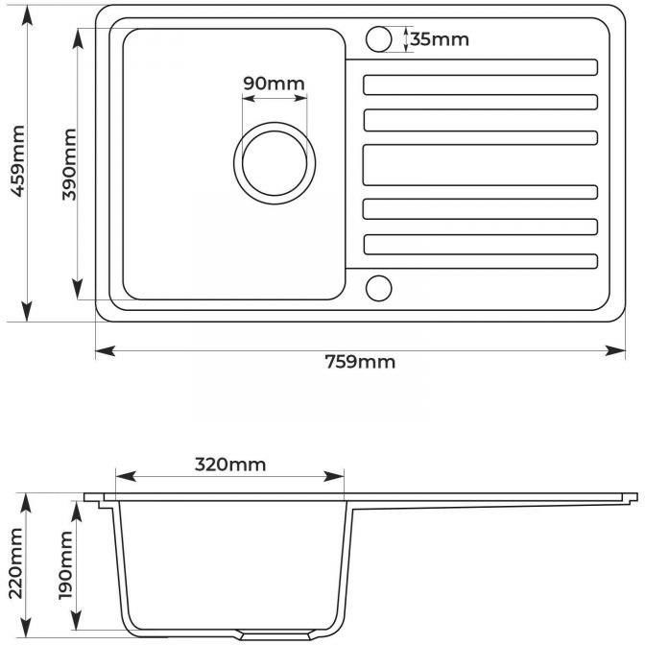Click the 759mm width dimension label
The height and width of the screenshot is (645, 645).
tap(360, 362)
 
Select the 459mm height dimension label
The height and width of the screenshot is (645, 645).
tap(17, 161)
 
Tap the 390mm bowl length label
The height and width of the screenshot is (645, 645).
tap(69, 164)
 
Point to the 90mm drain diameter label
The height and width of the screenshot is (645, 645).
tap(274, 84)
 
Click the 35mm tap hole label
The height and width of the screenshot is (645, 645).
tap(440, 39)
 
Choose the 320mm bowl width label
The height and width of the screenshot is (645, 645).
tap(230, 465)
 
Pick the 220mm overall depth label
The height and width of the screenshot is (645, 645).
tap(15, 563)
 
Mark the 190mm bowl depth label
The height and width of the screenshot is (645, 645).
tap(66, 565)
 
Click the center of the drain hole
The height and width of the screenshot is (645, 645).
tap(275, 163)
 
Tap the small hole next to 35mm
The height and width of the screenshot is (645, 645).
tap(378, 39)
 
